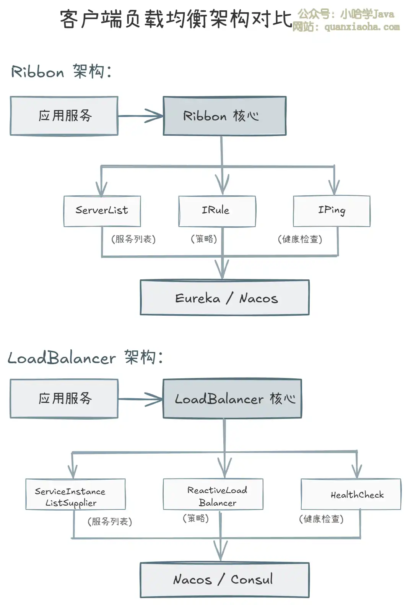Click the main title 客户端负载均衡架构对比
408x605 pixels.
tap(176, 19)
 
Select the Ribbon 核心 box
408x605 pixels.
tap(224, 116)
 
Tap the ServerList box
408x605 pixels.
tap(102, 211)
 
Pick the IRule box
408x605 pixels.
tap(217, 211)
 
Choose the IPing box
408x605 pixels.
tap(332, 211)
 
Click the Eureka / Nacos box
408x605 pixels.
tap(224, 298)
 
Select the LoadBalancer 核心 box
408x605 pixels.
tap(232, 399)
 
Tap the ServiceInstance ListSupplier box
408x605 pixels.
tap(75, 494)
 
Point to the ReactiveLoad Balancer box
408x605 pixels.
tap(213, 494)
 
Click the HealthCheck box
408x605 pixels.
tap(351, 494)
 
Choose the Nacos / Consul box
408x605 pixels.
tap(224, 580)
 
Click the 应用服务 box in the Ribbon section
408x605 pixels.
tap(64, 116)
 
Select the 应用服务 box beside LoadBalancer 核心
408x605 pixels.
tap(64, 399)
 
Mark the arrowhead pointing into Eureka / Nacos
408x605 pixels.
tap(222, 269)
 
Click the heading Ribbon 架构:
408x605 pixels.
tap(61, 72)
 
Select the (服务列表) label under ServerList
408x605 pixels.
tap(133, 239)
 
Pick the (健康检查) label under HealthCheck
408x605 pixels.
tap(321, 519)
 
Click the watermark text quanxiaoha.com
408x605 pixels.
tap(362, 27)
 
